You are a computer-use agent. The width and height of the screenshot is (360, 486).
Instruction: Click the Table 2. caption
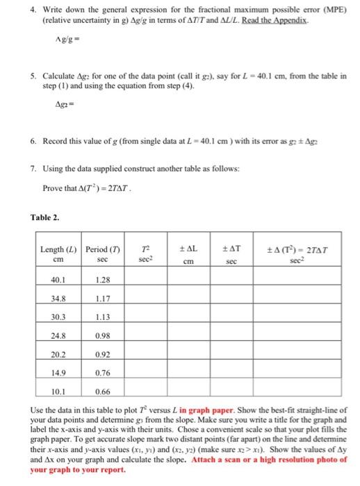pyautogui.click(x=46, y=216)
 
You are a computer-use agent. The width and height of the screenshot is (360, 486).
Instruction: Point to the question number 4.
pyautogui.click(x=33, y=10)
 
